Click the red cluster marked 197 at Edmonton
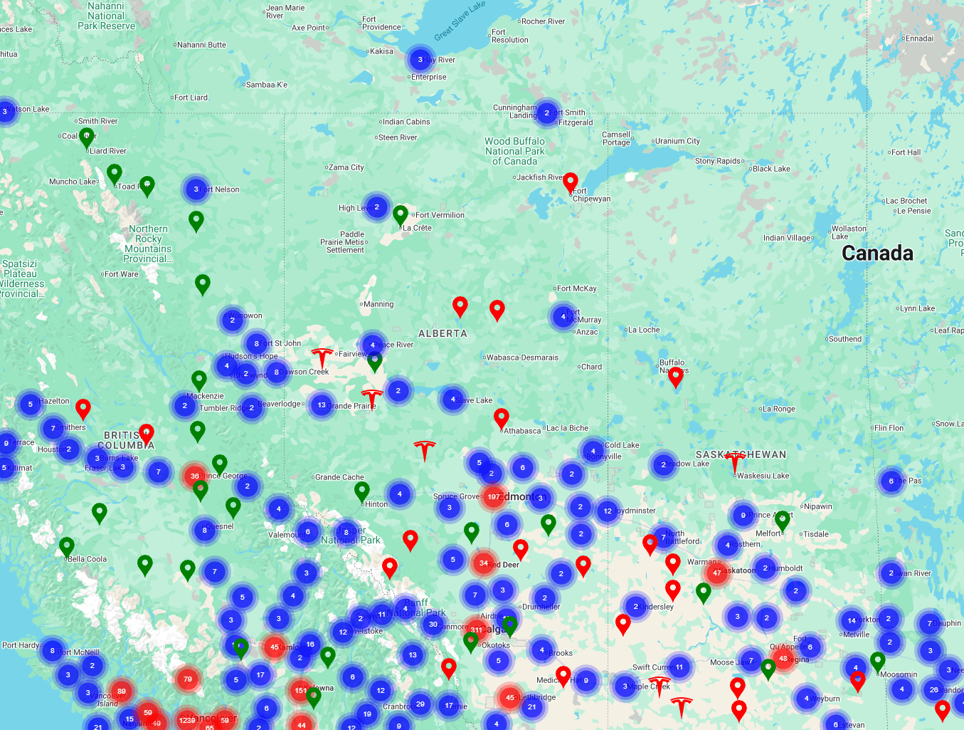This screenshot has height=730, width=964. point(493,496)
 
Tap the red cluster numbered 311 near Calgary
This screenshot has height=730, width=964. point(476,630)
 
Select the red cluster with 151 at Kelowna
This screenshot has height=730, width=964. point(301,690)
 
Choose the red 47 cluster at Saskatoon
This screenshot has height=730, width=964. point(716,572)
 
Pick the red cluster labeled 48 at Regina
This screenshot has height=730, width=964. point(783,658)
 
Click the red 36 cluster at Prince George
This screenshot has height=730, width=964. point(194,476)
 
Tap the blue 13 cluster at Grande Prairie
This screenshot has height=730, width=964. point(322,405)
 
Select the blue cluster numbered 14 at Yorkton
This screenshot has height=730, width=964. point(852,620)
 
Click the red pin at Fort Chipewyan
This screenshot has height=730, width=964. point(570,183)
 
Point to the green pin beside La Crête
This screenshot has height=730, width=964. point(401,214)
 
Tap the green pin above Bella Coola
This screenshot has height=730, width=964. point(67,546)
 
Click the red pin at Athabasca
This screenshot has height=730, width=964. point(502,419)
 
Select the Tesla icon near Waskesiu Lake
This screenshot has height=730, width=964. point(735,462)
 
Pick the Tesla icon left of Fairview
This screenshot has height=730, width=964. point(322,357)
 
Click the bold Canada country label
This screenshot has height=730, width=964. point(877,253)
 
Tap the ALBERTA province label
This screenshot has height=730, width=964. point(443,333)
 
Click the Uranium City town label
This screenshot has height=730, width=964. point(677,141)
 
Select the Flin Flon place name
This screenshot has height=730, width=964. point(889,428)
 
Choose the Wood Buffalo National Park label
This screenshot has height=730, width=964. point(514,151)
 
